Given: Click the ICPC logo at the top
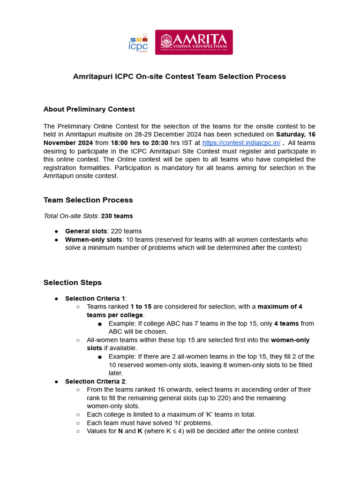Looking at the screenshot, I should click(138, 42).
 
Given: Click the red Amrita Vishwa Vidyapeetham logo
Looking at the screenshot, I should click(194, 42).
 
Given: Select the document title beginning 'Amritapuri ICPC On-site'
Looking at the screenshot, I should click(180, 76).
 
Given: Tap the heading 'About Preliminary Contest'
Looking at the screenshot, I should click(89, 109).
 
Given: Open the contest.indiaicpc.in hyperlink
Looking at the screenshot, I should click(241, 143).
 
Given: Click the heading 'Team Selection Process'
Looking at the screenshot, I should click(88, 200).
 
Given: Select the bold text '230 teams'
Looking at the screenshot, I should click(117, 216).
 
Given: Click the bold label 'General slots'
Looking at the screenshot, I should click(86, 231).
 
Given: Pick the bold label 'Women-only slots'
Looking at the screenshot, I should click(93, 240).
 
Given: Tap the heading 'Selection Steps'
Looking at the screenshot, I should click(73, 283).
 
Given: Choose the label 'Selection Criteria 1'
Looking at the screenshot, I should click(95, 299).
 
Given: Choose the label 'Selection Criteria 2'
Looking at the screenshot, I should click(95, 382).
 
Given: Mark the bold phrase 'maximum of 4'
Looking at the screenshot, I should click(280, 307).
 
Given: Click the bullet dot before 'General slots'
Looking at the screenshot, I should click(56, 232).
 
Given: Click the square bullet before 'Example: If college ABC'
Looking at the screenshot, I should click(100, 324).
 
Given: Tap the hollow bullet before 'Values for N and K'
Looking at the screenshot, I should click(78, 431).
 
